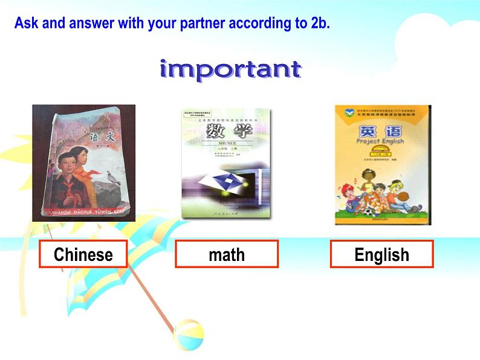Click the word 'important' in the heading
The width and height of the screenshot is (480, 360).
pyautogui.click(x=230, y=70)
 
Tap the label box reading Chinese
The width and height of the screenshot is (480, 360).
pyautogui.click(x=83, y=254)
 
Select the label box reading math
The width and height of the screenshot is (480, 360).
pyautogui.click(x=227, y=254)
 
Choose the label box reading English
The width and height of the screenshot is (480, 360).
pyautogui.click(x=381, y=254)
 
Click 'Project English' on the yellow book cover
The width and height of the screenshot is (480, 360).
pyautogui.click(x=381, y=142)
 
